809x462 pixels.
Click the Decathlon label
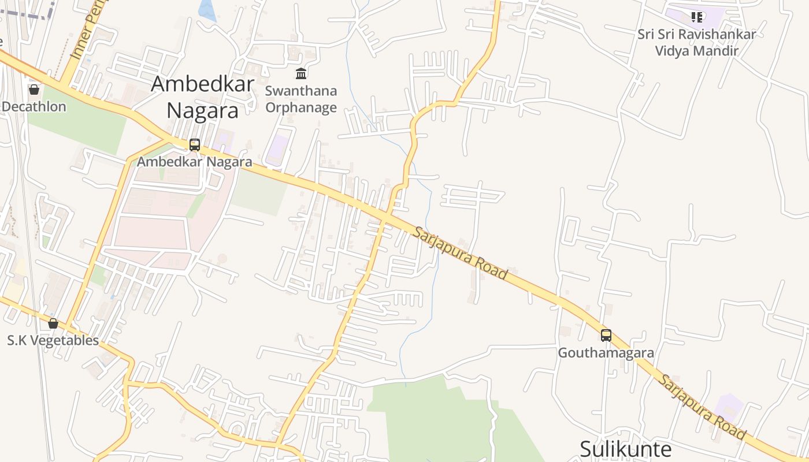click(35, 107)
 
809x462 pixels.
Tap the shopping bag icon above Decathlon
click(34, 90)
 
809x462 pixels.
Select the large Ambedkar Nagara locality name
click(202, 96)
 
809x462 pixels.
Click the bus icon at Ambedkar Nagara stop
click(195, 144)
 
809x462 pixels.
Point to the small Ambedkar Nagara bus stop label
click(195, 162)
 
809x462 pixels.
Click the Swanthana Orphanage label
click(300, 99)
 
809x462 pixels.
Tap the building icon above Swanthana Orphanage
click(301, 74)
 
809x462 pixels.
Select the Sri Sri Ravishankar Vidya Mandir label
click(697, 42)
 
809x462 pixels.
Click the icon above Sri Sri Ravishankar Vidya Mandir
click(697, 17)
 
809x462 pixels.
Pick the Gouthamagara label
click(606, 352)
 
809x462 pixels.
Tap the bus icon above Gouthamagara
click(606, 335)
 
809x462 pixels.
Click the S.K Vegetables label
click(53, 340)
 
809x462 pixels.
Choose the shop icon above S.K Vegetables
click(53, 323)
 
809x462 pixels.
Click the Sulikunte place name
click(625, 449)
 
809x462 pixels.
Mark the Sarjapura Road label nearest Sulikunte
click(703, 407)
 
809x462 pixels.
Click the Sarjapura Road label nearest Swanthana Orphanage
click(460, 253)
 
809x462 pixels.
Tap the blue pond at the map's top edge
click(207, 10)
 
